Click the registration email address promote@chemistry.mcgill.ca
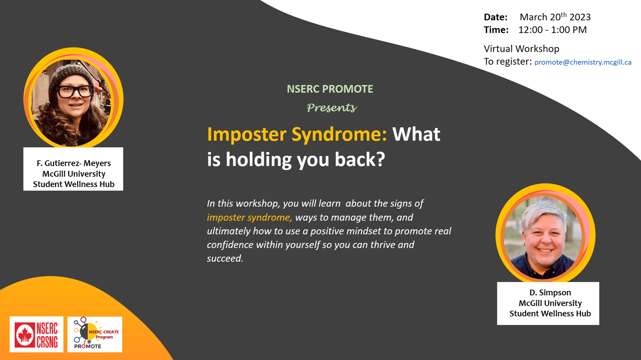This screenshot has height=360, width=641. click(x=583, y=62)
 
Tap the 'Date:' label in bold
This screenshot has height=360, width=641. click(x=495, y=17)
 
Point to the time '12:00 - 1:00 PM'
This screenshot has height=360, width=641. click(x=553, y=30)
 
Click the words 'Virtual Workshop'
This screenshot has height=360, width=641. click(x=521, y=49)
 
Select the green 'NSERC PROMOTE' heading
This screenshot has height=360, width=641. click(x=330, y=89)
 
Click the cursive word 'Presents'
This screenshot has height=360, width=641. click(x=331, y=108)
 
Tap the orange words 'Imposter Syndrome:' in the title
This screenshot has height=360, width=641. click(x=297, y=134)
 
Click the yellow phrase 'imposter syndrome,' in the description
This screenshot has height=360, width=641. click(x=249, y=218)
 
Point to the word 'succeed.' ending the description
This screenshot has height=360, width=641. click(x=225, y=258)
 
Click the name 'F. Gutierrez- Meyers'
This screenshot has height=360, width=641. click(x=74, y=163)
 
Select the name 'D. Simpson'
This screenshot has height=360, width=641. click(x=550, y=293)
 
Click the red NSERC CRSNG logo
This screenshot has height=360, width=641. click(x=36, y=334)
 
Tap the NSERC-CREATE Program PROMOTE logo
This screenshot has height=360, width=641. click(x=95, y=334)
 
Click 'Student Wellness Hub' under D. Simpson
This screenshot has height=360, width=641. click(x=550, y=314)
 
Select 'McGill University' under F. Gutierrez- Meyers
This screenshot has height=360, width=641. click(x=74, y=174)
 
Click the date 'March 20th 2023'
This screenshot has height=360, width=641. click(x=555, y=17)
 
